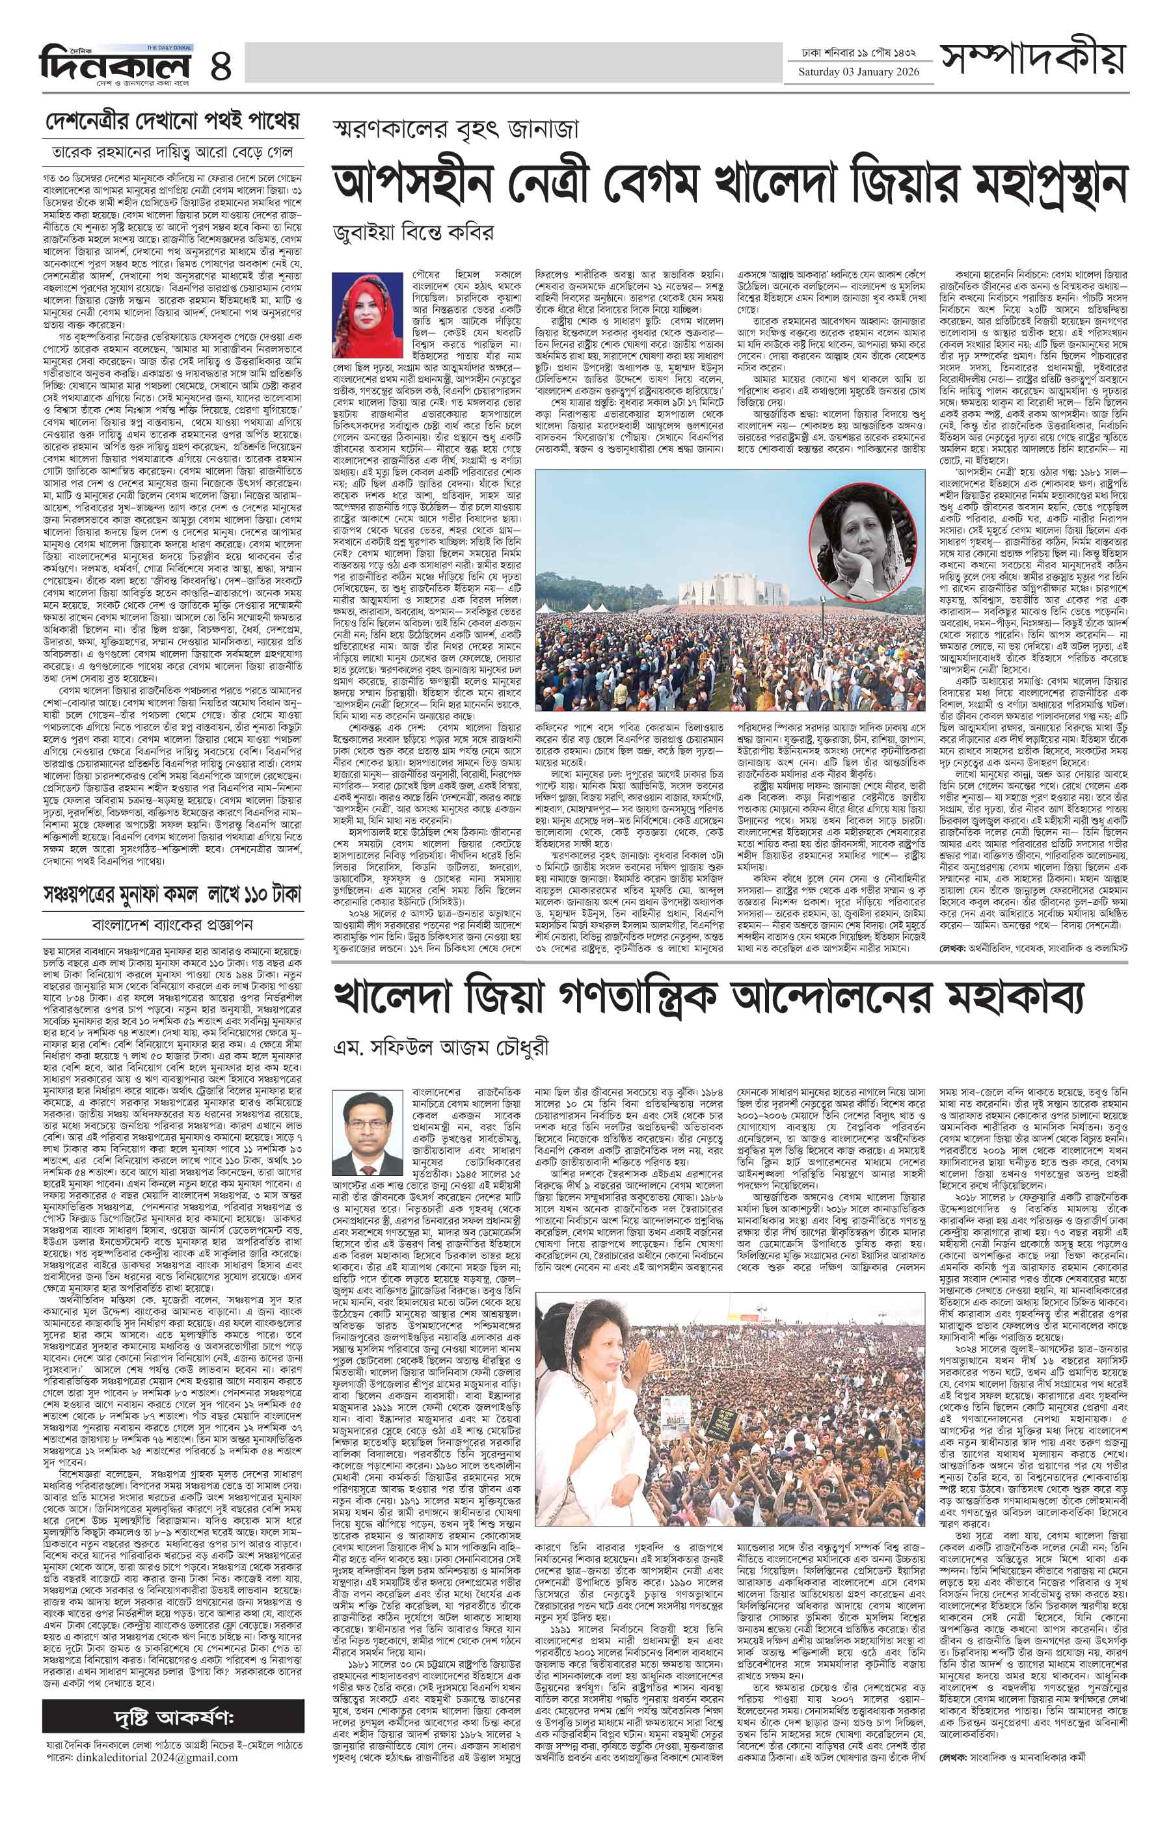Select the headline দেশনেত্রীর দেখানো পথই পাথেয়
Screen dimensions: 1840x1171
[171, 121]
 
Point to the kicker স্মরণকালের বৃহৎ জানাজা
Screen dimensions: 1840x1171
[455, 130]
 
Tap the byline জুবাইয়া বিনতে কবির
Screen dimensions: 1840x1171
[412, 232]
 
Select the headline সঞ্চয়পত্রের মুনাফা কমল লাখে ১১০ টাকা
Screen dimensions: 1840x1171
[172, 893]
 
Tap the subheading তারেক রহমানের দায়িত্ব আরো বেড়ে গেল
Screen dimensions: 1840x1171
[172, 152]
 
